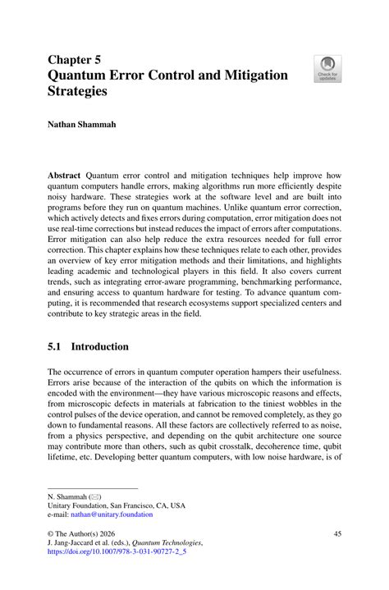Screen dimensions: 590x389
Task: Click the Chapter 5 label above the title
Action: coord(75,60)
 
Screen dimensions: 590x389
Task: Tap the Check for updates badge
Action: coord(328,68)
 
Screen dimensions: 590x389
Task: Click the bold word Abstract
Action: coord(65,175)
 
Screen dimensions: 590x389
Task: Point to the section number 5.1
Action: coord(57,347)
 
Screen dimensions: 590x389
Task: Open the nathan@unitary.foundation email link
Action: coord(113,515)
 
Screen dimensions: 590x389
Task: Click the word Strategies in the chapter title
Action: coord(78,92)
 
